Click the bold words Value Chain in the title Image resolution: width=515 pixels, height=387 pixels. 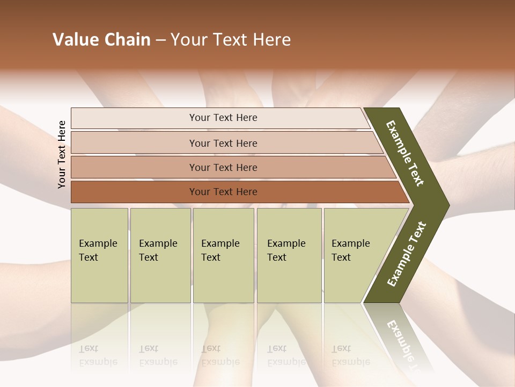click(x=101, y=40)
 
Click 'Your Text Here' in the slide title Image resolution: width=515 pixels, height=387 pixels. click(x=231, y=40)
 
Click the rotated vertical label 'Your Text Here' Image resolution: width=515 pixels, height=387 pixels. click(x=62, y=154)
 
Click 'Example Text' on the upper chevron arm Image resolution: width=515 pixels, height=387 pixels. click(x=405, y=153)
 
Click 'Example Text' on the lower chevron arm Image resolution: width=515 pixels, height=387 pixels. click(x=407, y=254)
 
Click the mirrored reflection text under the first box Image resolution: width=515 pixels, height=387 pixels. click(x=98, y=355)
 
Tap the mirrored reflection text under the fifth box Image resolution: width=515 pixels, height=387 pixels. click(x=350, y=355)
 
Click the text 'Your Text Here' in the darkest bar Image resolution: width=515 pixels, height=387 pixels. click(x=223, y=192)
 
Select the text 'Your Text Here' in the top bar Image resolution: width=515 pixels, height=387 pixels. click(x=223, y=118)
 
